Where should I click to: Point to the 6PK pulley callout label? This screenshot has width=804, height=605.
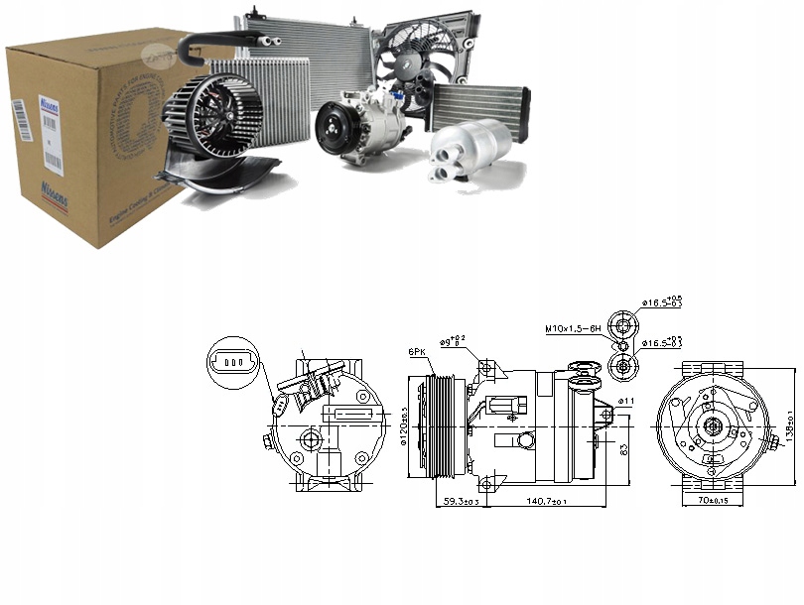pos(416,351)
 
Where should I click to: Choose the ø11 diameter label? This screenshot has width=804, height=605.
pos(625,401)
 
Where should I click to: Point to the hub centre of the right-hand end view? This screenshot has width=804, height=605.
pos(712,427)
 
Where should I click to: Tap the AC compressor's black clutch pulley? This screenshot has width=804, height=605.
pos(335,132)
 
